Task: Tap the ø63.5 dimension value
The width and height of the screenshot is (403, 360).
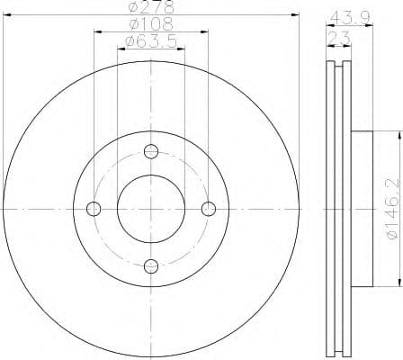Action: click(150, 41)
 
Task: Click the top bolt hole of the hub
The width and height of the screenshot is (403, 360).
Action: click(151, 150)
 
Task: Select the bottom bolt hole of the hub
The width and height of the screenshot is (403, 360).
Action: click(151, 265)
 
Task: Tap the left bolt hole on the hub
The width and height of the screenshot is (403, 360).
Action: click(93, 209)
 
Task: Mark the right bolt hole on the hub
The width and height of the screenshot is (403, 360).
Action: click(209, 209)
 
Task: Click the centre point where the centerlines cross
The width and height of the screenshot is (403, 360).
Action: click(151, 209)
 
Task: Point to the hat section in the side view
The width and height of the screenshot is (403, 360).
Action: click(360, 209)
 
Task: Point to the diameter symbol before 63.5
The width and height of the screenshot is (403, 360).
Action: click(128, 41)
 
